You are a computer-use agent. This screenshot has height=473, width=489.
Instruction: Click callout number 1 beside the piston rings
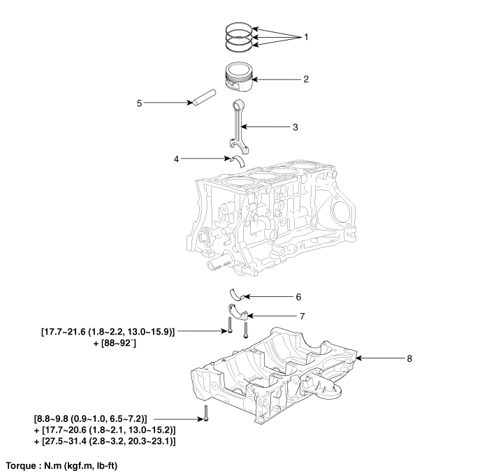pos(305,36)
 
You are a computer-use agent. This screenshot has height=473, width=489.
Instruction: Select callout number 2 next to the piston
pos(305,79)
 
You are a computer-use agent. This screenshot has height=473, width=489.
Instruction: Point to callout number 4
pos(177,159)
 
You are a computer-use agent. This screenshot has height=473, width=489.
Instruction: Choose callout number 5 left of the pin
pos(139,103)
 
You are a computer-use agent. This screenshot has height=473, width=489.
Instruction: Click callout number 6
pos(298,296)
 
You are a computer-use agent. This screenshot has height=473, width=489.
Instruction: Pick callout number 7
pos(301,316)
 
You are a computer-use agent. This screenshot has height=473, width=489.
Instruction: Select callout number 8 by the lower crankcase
pos(410,358)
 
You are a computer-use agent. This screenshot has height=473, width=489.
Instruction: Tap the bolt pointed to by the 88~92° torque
pos(229,328)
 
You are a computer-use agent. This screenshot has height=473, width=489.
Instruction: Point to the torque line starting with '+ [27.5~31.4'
pos(98,442)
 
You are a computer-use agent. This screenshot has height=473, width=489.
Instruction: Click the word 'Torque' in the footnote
pos(21,465)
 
